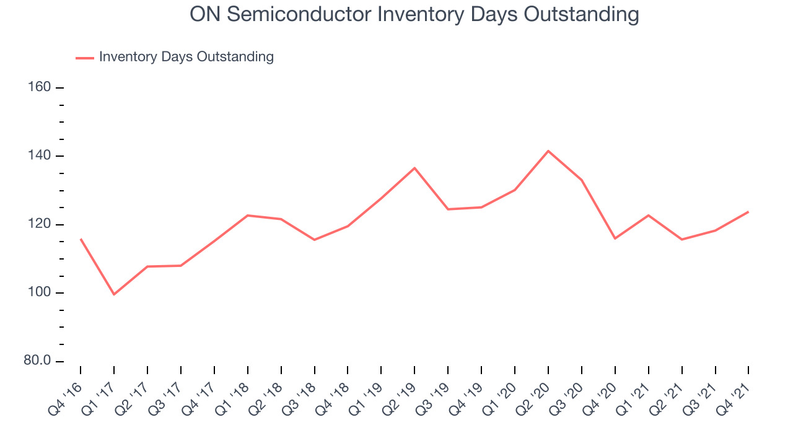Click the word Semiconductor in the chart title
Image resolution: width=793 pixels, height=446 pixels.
[x=299, y=14]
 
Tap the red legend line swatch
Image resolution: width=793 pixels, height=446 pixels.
[x=85, y=58]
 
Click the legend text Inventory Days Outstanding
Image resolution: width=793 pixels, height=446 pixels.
[x=186, y=57]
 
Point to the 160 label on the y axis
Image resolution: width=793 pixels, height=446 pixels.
[x=39, y=87]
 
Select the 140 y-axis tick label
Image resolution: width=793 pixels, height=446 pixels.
[x=39, y=155]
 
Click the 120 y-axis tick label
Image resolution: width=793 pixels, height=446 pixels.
[x=39, y=224]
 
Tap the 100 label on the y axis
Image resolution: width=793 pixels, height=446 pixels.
[x=39, y=292]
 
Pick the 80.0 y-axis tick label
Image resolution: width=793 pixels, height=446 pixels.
[x=37, y=361]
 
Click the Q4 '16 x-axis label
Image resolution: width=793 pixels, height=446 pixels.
[x=66, y=400]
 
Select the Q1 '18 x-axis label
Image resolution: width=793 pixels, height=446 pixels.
[x=232, y=400]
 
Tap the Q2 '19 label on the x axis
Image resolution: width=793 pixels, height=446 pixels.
[x=400, y=400]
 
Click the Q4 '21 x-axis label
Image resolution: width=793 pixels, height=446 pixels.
[x=734, y=400]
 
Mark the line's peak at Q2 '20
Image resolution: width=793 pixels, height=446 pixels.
[x=548, y=151]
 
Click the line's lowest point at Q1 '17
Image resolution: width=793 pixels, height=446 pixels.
[x=114, y=294]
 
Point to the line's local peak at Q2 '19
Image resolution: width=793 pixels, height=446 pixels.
[x=414, y=168]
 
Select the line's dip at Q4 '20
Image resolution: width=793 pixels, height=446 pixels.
[x=615, y=238]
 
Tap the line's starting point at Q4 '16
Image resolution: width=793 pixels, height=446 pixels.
[x=81, y=239]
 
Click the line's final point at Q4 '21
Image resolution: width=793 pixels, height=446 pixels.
[x=748, y=212]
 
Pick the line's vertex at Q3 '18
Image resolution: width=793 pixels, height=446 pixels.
[x=314, y=240]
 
